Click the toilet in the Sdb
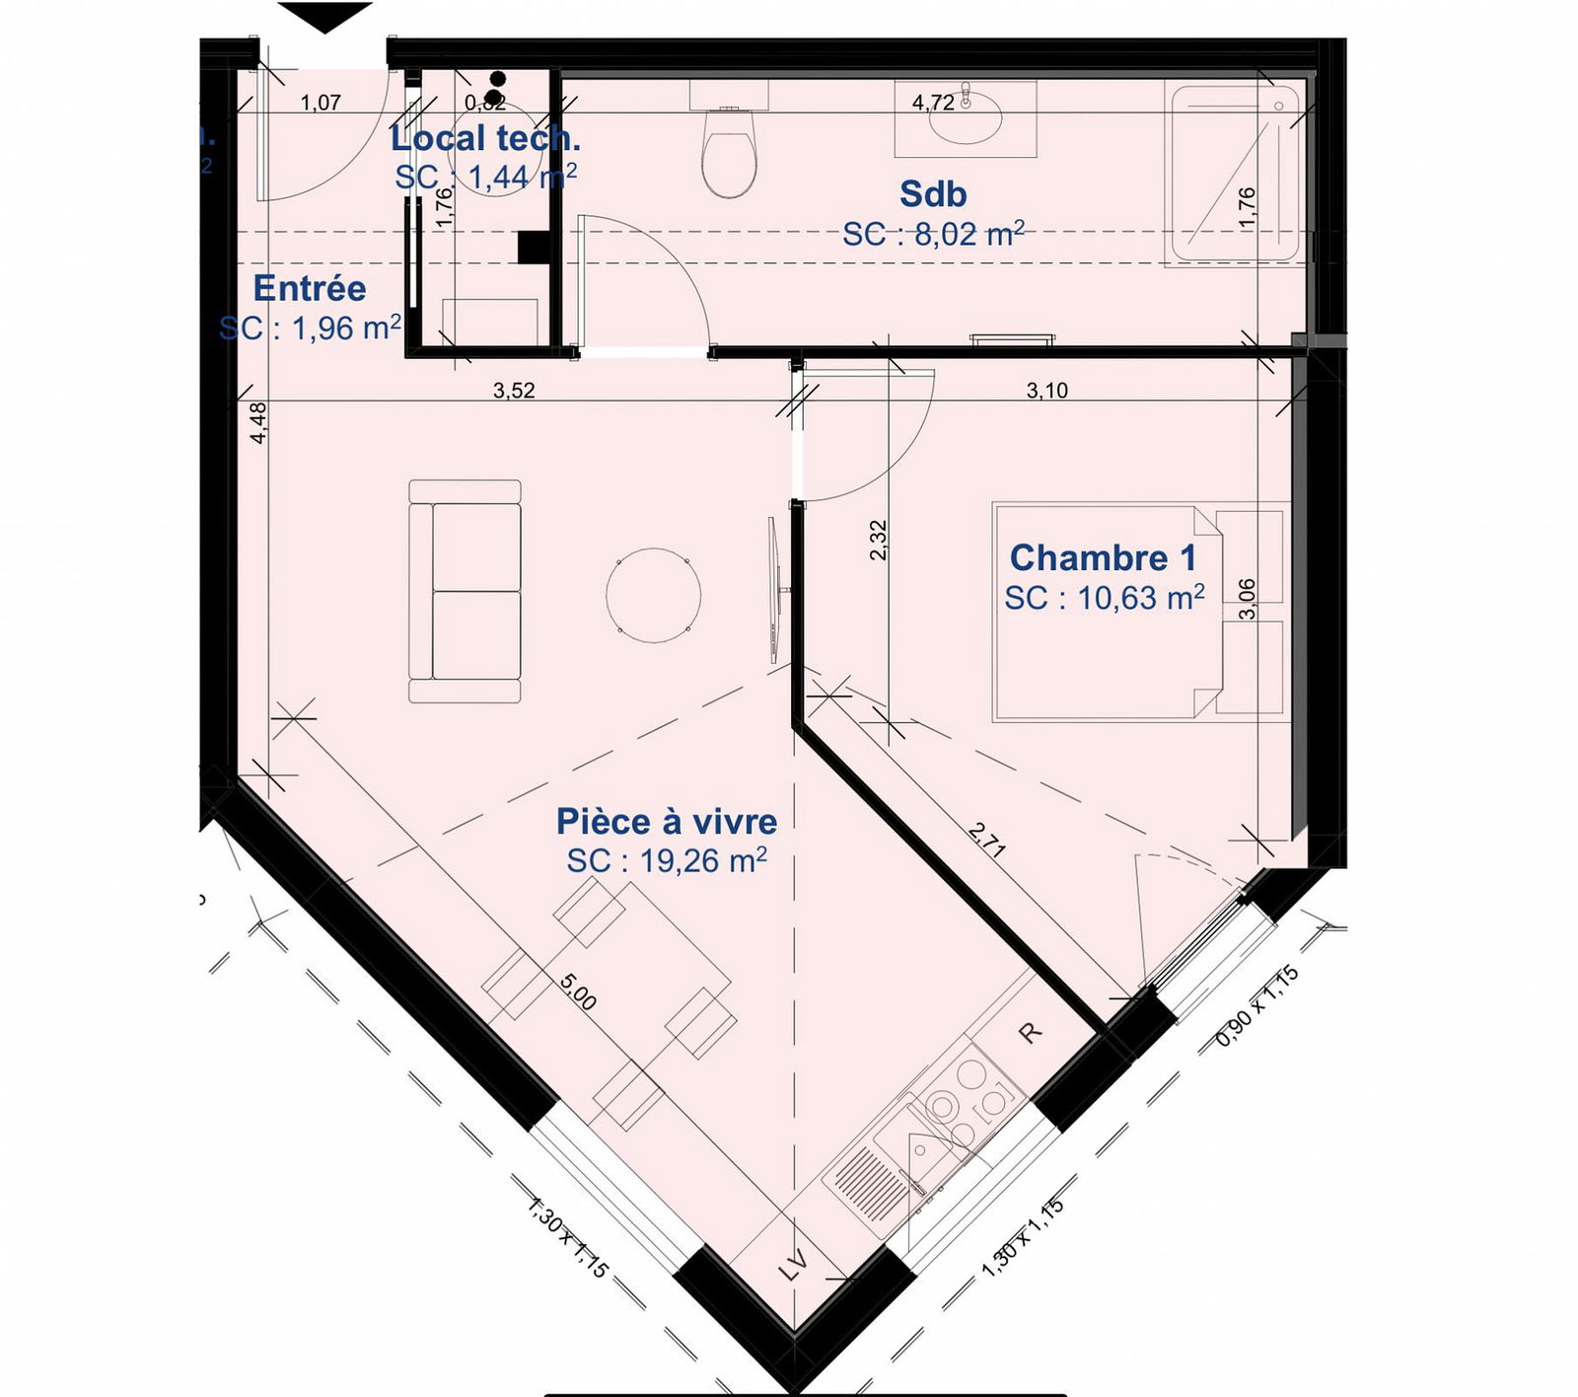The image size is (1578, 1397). coord(729,153)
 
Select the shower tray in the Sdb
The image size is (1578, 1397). coord(1233,175)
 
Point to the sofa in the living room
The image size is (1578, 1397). coord(465,592)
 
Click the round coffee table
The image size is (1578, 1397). coord(653,596)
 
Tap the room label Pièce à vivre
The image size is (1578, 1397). coord(667,821)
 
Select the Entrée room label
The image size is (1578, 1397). coord(310,288)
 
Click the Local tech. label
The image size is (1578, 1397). coord(485,138)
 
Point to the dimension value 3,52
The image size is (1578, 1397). coord(514,391)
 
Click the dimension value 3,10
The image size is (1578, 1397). coord(1046,391)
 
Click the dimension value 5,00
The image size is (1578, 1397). coord(578,992)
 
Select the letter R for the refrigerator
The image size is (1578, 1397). coord(1029,1033)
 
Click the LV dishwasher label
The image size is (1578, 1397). coord(793,1265)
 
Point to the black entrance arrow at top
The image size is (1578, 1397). coord(324,17)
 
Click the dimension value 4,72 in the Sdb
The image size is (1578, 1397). coord(933,103)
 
